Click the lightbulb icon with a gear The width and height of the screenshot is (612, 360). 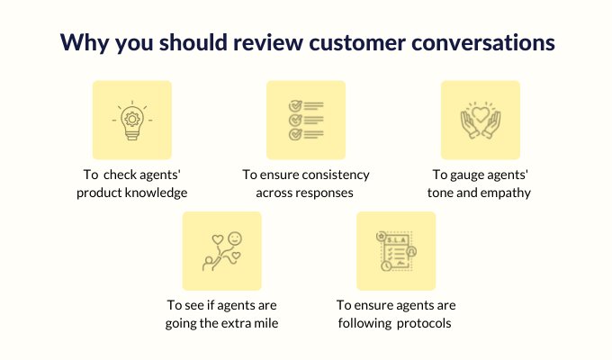pos(132,121)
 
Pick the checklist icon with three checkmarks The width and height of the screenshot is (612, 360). pos(306,120)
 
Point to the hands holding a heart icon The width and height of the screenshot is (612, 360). pos(481,120)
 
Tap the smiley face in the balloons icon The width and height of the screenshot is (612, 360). pos(235,238)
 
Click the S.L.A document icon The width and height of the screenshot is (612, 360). pos(396,251)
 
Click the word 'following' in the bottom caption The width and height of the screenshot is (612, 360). pos(364,323)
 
